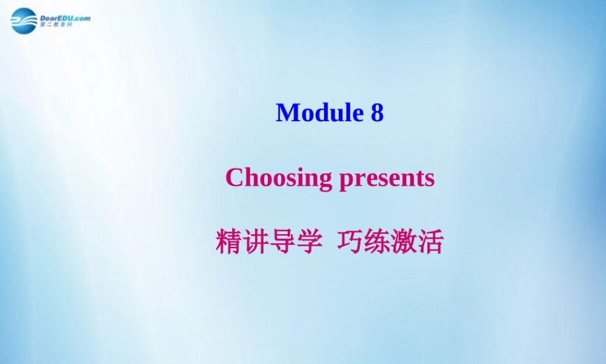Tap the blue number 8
point(377,113)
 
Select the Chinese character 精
point(227,243)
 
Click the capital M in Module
point(288,113)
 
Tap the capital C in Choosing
point(234,178)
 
